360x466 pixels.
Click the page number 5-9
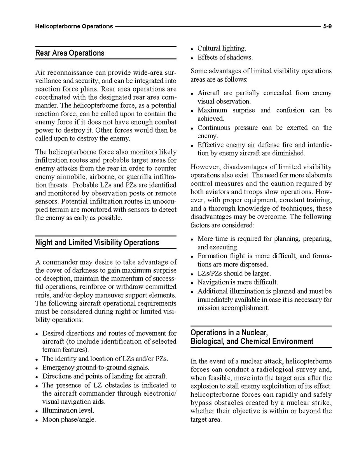(327, 26)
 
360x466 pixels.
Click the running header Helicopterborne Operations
(74, 26)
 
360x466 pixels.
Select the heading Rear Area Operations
(70, 53)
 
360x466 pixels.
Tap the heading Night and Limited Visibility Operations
(97, 242)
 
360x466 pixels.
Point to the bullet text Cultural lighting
(222, 49)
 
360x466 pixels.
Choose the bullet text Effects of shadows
(225, 58)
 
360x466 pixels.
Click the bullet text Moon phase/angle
(69, 419)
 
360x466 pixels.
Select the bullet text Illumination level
(68, 410)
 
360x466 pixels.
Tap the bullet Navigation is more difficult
(238, 282)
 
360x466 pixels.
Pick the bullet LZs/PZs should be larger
(234, 273)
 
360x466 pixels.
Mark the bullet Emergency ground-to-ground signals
(96, 367)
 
